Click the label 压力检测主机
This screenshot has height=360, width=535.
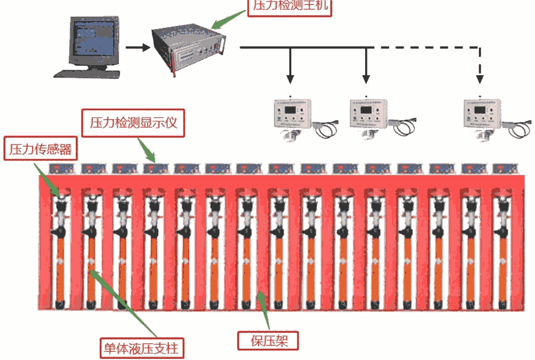(290, 5)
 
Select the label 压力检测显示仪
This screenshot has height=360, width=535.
(133, 122)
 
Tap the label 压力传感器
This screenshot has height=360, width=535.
(40, 149)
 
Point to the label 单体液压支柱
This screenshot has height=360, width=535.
(142, 348)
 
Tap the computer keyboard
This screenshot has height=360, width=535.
(87, 74)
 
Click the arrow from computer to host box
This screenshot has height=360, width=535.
(138, 47)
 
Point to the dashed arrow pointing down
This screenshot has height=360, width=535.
(480, 65)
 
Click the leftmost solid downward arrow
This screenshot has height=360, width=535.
(290, 65)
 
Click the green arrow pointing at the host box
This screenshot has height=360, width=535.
(228, 19)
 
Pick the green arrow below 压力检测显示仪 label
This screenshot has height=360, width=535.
(146, 150)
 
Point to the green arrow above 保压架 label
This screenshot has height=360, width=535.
(263, 310)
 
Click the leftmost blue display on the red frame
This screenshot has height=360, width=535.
(62, 168)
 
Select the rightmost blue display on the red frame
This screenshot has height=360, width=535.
(505, 168)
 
